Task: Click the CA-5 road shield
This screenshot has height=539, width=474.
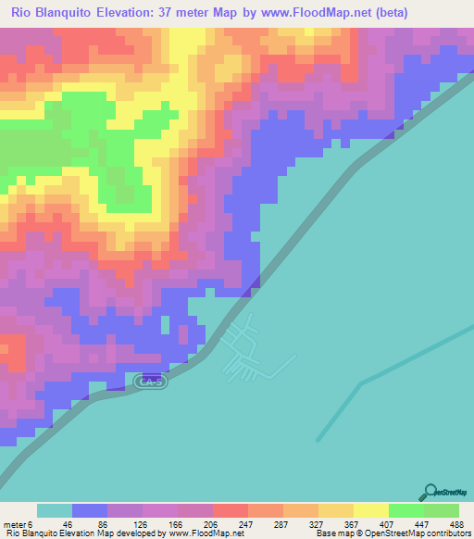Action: [149, 381]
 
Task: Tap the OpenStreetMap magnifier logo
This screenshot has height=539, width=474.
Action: [429, 491]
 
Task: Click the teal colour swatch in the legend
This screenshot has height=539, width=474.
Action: [55, 510]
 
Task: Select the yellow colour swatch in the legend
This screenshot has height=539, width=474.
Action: [370, 510]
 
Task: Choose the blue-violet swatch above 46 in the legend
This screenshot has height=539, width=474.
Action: [90, 510]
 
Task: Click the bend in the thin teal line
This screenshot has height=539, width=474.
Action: [360, 382]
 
